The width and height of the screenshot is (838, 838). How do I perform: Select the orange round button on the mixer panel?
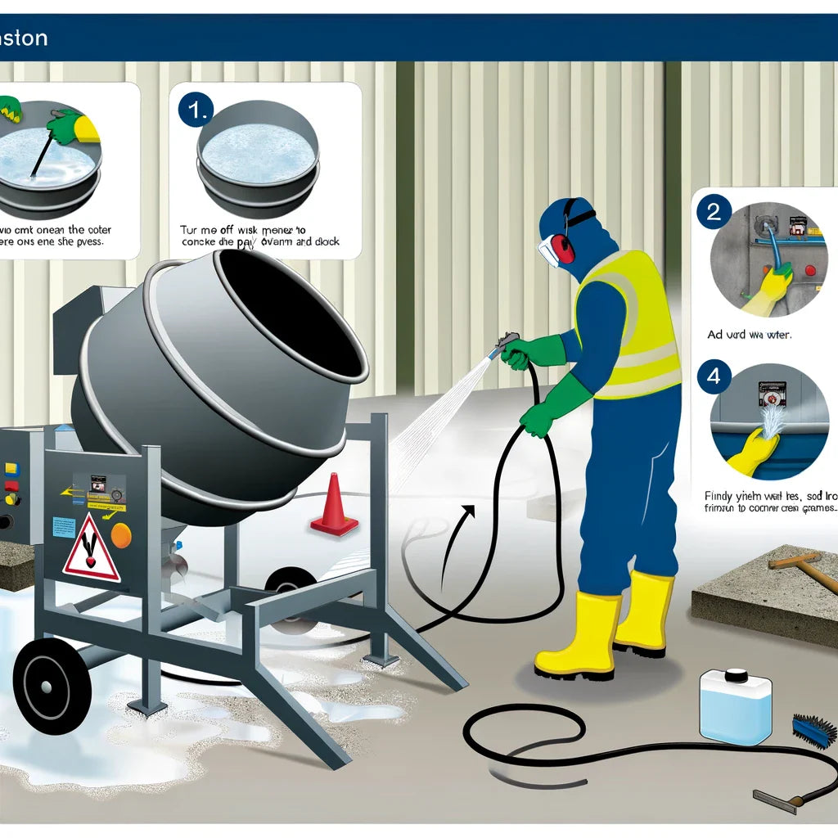coord(121,535)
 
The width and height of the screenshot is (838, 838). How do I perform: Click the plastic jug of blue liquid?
coord(735,706)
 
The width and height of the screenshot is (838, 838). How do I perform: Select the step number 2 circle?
coord(713,212)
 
